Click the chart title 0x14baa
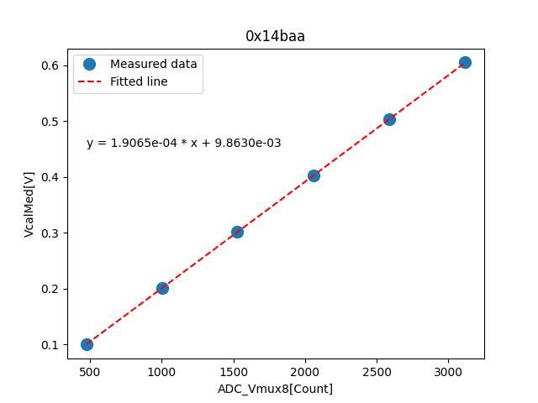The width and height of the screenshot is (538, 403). click(x=275, y=36)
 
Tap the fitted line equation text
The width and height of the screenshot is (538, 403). click(x=183, y=144)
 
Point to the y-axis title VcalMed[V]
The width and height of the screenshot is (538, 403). click(x=29, y=204)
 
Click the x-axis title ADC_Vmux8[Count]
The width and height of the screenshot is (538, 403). click(x=275, y=389)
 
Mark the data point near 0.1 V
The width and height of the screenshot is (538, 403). click(x=87, y=344)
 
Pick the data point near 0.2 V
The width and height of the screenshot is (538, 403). click(x=162, y=288)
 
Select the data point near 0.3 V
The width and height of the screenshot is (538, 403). click(x=237, y=232)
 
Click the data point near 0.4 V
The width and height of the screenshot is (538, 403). click(x=314, y=175)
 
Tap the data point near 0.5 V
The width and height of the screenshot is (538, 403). click(x=389, y=119)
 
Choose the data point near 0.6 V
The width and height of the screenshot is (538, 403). click(x=465, y=63)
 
